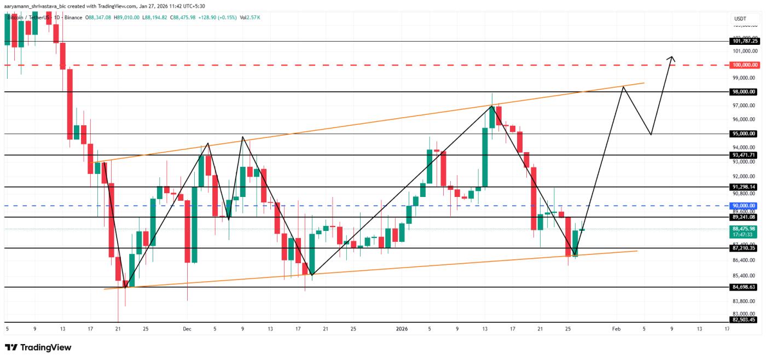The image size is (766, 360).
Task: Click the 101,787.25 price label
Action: click(x=744, y=41)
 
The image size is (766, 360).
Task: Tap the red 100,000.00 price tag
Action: click(x=744, y=65)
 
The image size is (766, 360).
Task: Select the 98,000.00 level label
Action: click(x=744, y=92)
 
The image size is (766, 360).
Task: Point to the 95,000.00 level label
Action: click(x=744, y=133)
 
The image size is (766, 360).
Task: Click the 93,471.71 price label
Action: click(x=744, y=155)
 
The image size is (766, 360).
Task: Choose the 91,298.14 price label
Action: click(x=744, y=187)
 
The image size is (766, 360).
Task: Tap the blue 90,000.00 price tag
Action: click(x=744, y=206)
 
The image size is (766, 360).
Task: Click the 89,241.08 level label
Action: click(x=744, y=217)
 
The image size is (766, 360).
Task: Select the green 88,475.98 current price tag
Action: click(x=744, y=229)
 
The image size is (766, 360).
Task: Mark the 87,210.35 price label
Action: click(x=744, y=248)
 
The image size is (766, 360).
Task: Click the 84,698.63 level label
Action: click(x=744, y=287)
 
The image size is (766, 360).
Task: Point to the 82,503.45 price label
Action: click(x=744, y=320)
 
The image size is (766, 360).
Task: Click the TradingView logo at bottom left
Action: click(x=38, y=347)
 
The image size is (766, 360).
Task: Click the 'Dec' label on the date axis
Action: click(x=187, y=329)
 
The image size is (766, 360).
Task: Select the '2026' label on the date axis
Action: click(x=401, y=329)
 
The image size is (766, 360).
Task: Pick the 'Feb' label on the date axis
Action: click(x=616, y=329)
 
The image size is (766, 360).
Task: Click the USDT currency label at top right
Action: click(x=740, y=19)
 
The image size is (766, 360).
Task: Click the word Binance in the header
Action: click(x=72, y=18)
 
